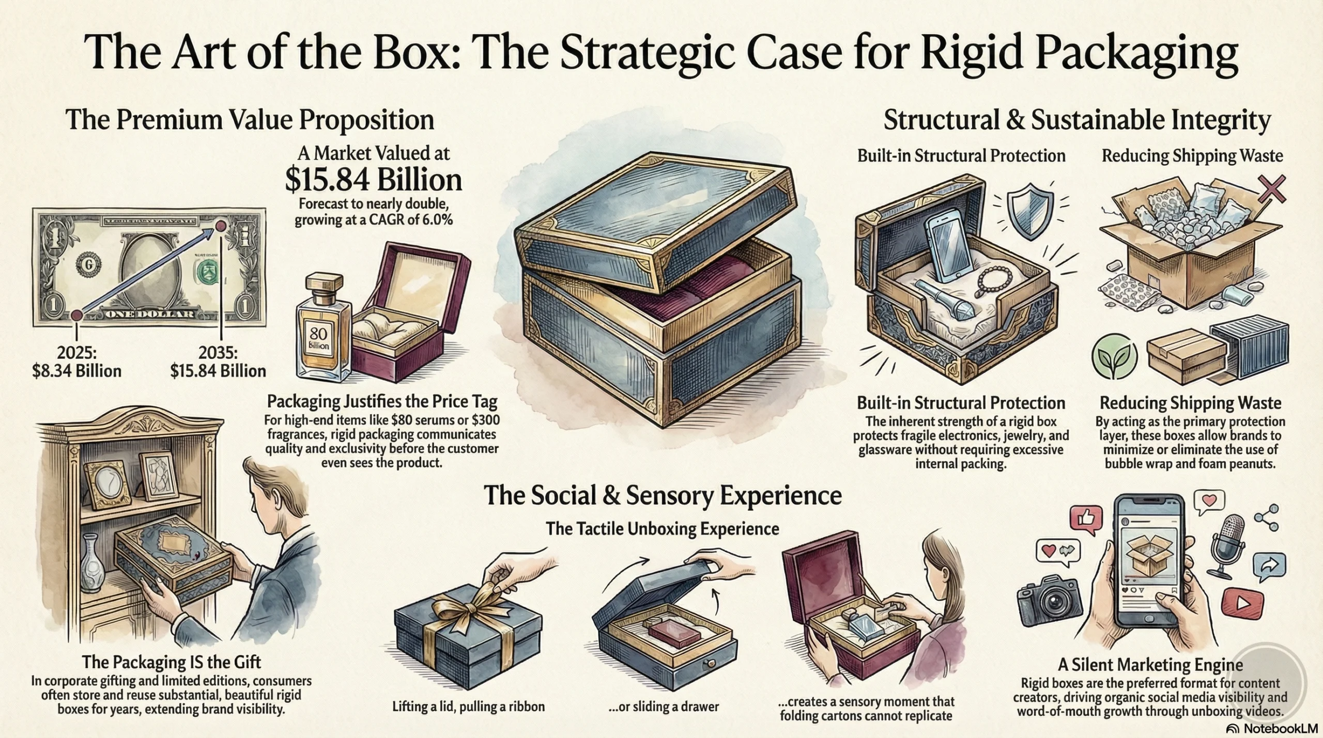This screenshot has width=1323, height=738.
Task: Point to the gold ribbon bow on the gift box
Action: (470, 604)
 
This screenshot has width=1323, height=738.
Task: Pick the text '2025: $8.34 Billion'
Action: (76, 362)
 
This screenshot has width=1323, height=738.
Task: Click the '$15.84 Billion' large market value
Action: (373, 180)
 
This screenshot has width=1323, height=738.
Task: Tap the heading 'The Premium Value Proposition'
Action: (250, 120)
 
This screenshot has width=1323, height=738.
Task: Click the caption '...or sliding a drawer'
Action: (664, 706)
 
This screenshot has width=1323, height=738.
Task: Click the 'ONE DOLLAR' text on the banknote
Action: (150, 315)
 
